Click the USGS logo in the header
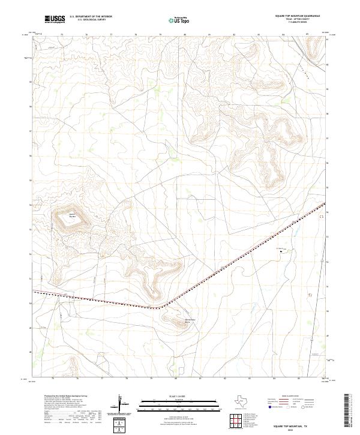55,19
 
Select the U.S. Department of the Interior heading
91,16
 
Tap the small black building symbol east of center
280,252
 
